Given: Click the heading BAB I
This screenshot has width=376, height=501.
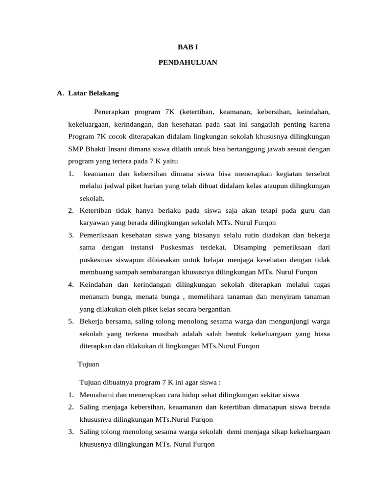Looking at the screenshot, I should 188,47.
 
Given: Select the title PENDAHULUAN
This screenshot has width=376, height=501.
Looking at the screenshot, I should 188,63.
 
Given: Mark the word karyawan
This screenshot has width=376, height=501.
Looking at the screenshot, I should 94,223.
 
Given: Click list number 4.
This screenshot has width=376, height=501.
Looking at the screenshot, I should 71,284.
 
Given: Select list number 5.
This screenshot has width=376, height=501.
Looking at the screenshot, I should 71,321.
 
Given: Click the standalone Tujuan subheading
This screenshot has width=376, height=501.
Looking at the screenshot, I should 89,364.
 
